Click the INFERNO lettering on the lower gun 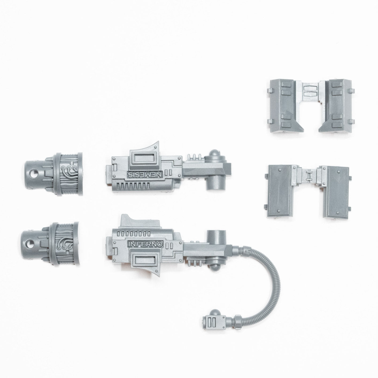[x=146, y=244]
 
